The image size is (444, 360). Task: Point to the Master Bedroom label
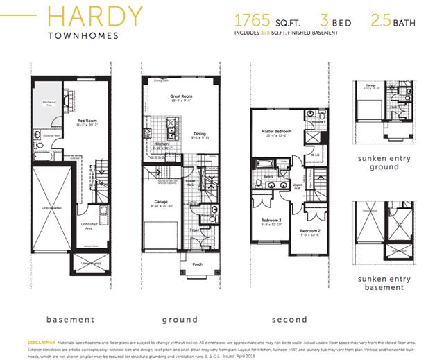coord(276,131)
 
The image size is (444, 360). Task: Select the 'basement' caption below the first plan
coord(70,320)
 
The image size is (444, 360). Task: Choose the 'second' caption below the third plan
coord(289,320)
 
